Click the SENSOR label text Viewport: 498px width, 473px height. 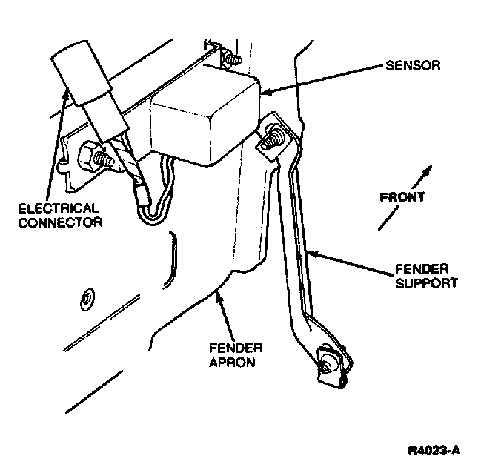[x=412, y=66]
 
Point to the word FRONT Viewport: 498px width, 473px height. [x=402, y=198]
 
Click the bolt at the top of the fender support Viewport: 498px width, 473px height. [x=273, y=139]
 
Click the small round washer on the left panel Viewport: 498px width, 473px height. [x=87, y=298]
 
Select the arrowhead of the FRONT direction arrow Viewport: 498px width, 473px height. [x=428, y=171]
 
